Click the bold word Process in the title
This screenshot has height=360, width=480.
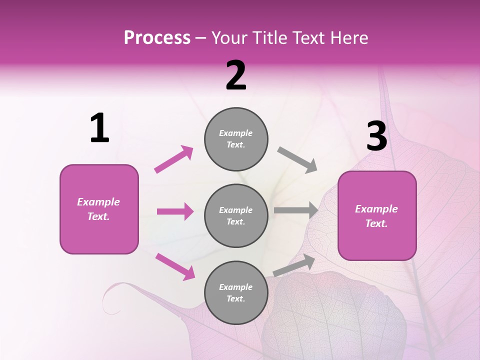[x=157, y=38]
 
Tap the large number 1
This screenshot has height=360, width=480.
[x=99, y=128]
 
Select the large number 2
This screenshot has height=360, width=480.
[x=236, y=75]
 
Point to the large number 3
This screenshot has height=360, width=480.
[x=376, y=136]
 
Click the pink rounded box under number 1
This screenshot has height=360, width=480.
[x=99, y=209]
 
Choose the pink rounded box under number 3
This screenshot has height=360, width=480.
[x=377, y=215]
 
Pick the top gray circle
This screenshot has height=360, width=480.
[x=236, y=139]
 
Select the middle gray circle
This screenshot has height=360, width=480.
[x=236, y=215]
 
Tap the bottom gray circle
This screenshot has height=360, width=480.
[x=236, y=292]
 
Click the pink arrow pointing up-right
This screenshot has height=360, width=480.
[x=174, y=159]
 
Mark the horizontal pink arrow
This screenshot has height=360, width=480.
[x=175, y=211]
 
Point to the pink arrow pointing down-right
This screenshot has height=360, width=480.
[x=175, y=266]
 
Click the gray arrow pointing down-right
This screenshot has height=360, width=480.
[x=297, y=160]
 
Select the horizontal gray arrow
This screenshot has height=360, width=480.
[x=296, y=210]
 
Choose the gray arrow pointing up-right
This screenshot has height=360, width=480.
[x=294, y=265]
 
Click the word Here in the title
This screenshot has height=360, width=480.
[x=350, y=38]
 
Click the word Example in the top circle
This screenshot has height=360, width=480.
[x=235, y=133]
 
